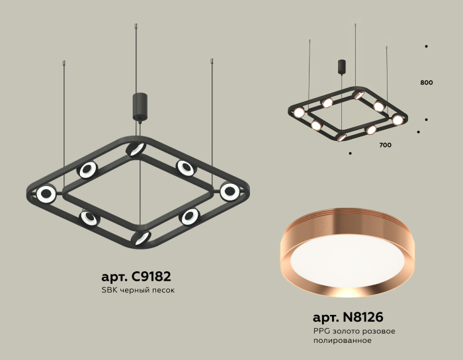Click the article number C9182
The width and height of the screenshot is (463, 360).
[154, 276]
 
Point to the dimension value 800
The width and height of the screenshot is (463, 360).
[426, 83]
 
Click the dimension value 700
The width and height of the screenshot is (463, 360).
[385, 144]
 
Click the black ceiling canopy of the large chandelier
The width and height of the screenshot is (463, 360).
[140, 107]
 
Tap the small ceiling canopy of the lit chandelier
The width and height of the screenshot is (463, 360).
[342, 67]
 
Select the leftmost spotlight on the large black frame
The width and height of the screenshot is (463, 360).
[46, 195]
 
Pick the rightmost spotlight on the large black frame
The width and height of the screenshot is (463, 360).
[230, 191]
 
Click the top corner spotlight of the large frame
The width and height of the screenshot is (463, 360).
[136, 149]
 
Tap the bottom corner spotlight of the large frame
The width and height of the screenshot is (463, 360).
[142, 238]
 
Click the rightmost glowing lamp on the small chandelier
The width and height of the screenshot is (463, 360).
[398, 120]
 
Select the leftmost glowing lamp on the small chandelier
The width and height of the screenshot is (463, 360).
[299, 112]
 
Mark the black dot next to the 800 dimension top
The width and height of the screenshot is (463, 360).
[426, 46]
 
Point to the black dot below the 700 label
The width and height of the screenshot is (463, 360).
[349, 154]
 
